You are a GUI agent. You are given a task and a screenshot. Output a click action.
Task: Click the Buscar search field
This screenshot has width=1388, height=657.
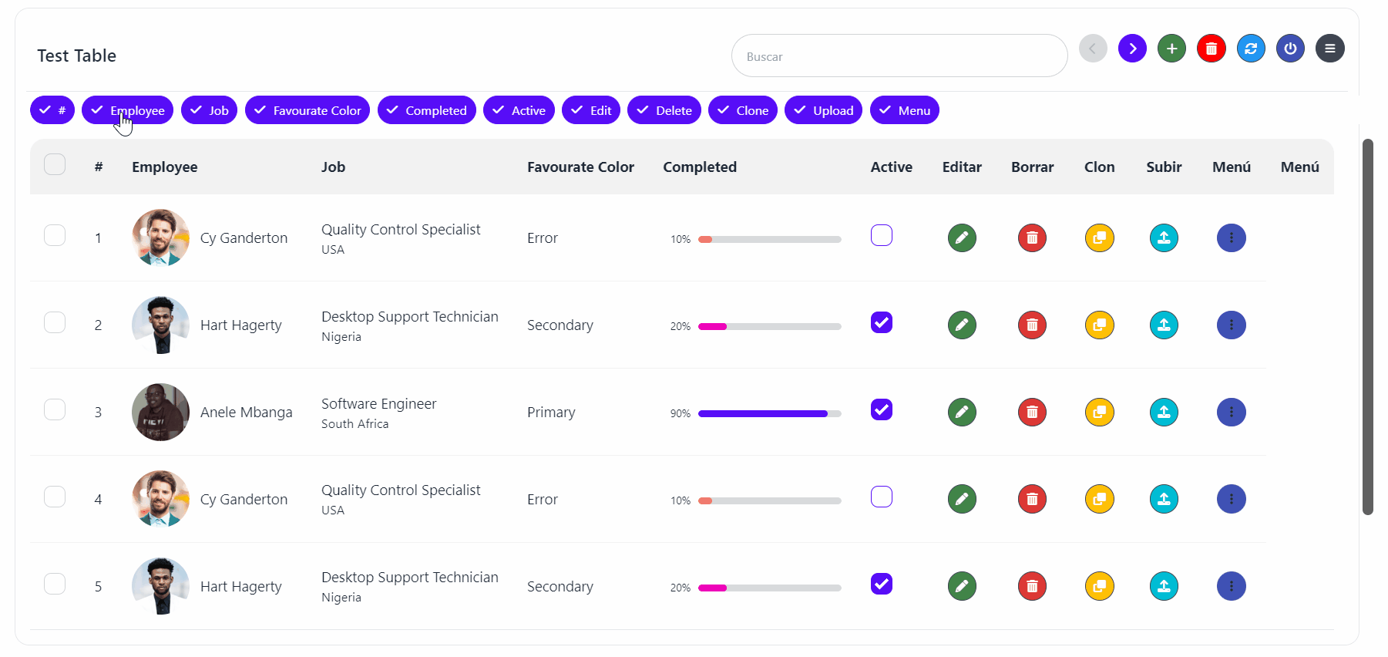(x=899, y=56)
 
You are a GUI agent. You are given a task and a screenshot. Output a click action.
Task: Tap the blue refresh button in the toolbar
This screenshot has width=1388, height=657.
(x=1251, y=49)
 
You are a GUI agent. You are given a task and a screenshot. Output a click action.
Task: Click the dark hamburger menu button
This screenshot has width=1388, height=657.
(x=1329, y=49)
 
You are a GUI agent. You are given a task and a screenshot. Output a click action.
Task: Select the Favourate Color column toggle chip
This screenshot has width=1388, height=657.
(x=308, y=110)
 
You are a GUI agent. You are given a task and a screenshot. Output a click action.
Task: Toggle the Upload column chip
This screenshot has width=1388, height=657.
(x=823, y=110)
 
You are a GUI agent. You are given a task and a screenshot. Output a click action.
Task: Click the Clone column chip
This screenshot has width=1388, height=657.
(x=742, y=110)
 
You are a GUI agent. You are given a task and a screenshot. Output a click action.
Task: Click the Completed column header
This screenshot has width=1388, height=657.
(x=700, y=167)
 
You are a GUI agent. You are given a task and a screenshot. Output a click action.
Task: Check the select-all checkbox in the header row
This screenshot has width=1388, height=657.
(x=55, y=165)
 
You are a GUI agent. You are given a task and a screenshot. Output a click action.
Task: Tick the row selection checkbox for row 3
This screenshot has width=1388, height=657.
(x=55, y=409)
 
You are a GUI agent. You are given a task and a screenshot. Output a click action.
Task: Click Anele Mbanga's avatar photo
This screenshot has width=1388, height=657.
(x=160, y=412)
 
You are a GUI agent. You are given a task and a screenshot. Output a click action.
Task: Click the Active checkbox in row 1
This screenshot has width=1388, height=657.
(x=882, y=235)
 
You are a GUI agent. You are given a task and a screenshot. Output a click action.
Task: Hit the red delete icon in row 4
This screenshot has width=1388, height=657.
(x=1032, y=499)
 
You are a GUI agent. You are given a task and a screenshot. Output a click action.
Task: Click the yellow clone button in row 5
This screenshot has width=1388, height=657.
(x=1100, y=586)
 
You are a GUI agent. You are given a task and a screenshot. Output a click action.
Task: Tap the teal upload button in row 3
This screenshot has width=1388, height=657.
(x=1164, y=412)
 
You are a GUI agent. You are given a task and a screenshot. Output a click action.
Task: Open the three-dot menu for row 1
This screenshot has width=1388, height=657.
(x=1232, y=238)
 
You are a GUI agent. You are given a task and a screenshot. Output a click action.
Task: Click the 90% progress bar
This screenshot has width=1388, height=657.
(x=769, y=413)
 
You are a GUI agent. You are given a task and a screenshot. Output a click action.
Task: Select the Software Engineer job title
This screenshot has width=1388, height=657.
(x=378, y=404)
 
